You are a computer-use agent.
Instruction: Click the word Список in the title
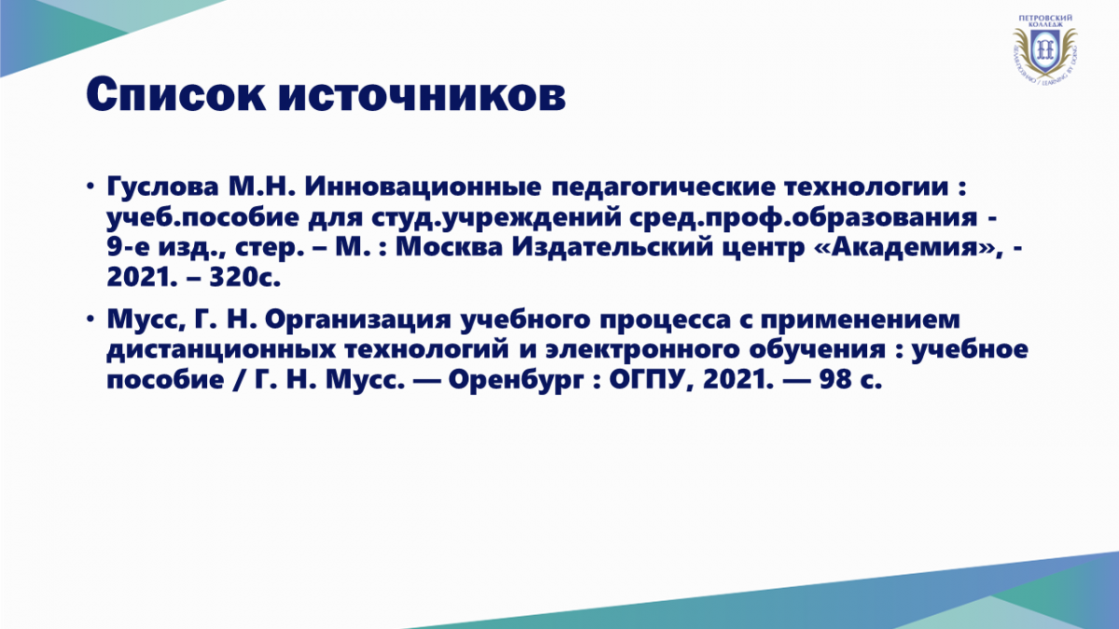click(175, 95)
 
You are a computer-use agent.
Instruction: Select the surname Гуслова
click(163, 186)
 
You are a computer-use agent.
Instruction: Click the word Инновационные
click(422, 186)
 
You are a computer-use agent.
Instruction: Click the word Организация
click(358, 320)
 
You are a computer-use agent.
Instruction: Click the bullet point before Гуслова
click(90, 186)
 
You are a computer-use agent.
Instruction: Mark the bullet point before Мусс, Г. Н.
click(90, 319)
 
